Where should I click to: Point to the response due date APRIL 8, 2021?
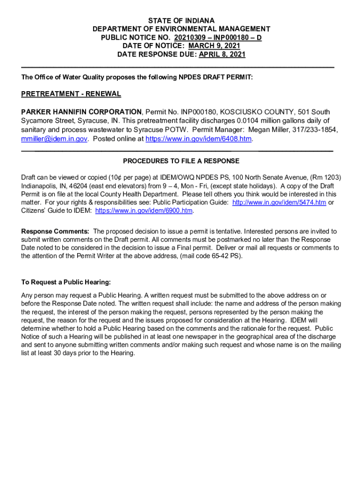(x=222, y=54)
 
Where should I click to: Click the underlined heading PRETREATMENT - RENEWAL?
(x=71, y=94)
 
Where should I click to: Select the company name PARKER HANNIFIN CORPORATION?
(x=81, y=112)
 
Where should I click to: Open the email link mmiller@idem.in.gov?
(x=54, y=139)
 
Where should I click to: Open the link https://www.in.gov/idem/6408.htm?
(x=199, y=139)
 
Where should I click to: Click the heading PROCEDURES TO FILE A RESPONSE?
(x=181, y=161)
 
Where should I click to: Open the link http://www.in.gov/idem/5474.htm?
(x=279, y=203)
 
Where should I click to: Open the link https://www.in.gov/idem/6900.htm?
(x=144, y=211)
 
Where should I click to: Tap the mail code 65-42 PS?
(x=226, y=256)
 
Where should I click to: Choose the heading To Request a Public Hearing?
(x=66, y=282)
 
